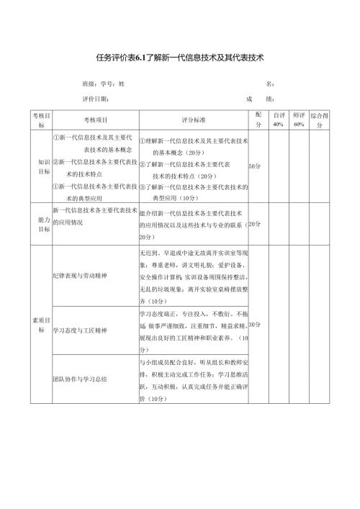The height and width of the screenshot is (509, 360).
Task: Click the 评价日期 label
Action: (x=96, y=99)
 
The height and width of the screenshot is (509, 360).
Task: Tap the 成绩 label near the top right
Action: (x=258, y=99)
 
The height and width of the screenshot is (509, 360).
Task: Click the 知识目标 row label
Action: (x=43, y=167)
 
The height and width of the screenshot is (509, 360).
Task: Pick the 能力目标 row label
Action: (x=43, y=223)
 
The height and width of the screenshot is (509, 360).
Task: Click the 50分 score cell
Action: (x=254, y=167)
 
